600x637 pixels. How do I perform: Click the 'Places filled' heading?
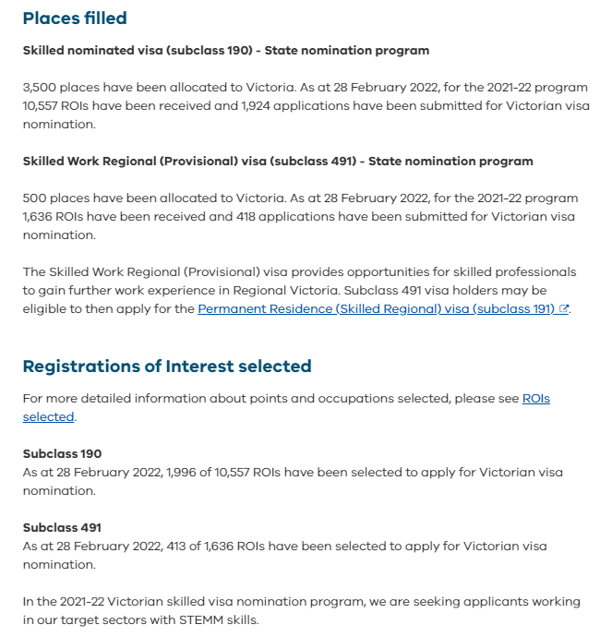[75, 18]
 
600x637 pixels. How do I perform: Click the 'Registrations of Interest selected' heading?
[167, 367]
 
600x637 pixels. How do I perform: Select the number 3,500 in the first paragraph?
[40, 88]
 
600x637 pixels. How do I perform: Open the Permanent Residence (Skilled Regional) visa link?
[377, 309]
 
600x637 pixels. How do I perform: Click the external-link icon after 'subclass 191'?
[564, 309]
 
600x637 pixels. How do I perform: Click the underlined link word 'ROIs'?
[536, 399]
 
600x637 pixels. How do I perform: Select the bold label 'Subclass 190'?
[62, 454]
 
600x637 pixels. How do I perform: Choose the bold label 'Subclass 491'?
[62, 528]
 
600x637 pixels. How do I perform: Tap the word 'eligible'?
[48, 309]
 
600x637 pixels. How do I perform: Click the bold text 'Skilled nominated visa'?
[95, 51]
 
